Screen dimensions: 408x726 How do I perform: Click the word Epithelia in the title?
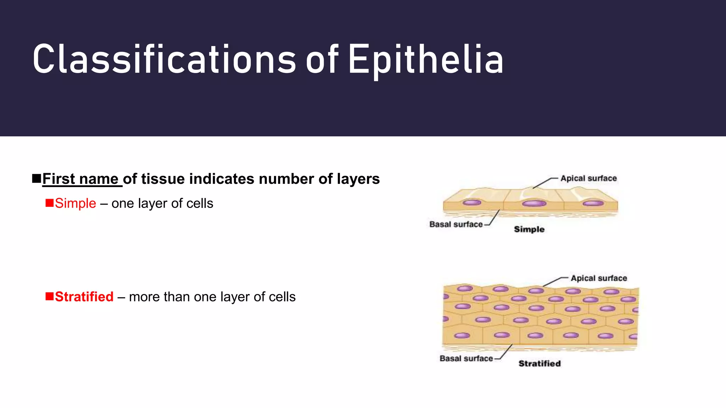(425, 59)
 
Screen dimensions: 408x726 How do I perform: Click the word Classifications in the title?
(164, 59)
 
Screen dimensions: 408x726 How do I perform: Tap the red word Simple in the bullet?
(76, 203)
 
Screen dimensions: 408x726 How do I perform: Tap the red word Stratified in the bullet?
(84, 297)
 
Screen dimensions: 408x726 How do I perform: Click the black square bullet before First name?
(37, 178)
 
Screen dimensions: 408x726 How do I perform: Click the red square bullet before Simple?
(50, 203)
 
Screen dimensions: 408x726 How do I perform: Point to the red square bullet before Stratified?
(50, 296)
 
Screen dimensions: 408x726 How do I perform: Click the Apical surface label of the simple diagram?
(588, 178)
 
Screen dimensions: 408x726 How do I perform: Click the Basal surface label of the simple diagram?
(456, 224)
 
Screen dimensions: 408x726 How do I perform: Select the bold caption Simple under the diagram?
(529, 229)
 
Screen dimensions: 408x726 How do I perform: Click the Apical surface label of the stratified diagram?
(599, 278)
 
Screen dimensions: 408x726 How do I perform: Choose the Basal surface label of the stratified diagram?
(466, 358)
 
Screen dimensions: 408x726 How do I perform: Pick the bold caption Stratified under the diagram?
(540, 363)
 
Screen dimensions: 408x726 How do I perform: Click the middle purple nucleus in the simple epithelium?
(534, 203)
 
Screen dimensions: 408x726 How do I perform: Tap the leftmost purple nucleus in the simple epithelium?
(472, 203)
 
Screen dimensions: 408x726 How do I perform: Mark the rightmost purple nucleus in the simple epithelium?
(593, 203)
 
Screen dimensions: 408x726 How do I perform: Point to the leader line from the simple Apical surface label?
(542, 183)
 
